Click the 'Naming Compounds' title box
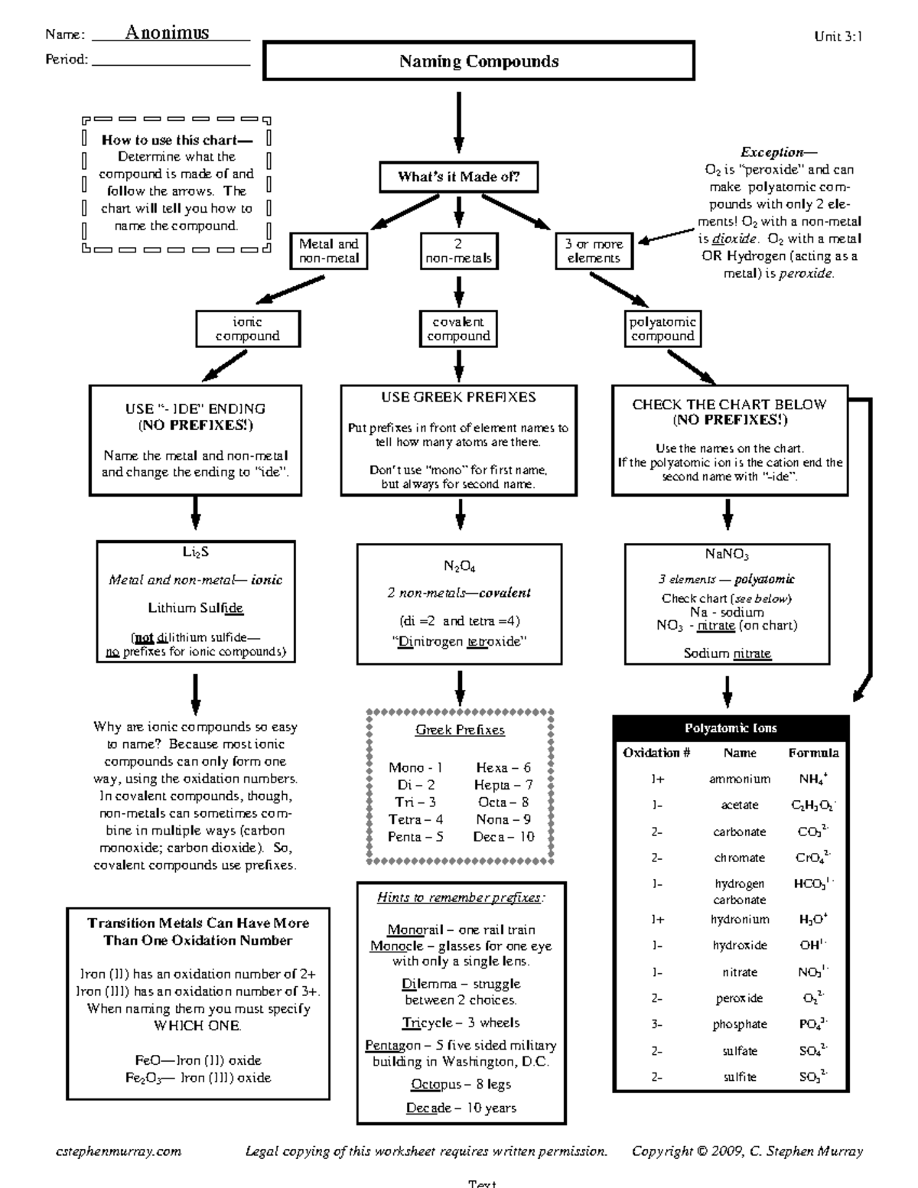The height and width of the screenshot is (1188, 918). pyautogui.click(x=479, y=61)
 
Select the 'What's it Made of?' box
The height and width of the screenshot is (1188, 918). pyautogui.click(x=458, y=177)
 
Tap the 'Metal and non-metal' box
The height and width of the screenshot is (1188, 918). pyautogui.click(x=328, y=251)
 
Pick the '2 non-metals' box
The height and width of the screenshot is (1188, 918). pyautogui.click(x=458, y=251)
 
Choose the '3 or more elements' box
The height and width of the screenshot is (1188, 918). pyautogui.click(x=594, y=251)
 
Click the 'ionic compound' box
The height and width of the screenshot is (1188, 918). pyautogui.click(x=247, y=329)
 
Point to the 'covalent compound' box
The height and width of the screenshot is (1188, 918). pyautogui.click(x=458, y=329)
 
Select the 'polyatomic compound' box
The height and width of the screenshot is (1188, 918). pyautogui.click(x=662, y=329)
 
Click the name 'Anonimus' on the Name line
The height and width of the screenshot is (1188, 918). pyautogui.click(x=167, y=32)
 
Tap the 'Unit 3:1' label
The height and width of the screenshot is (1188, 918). pyautogui.click(x=838, y=36)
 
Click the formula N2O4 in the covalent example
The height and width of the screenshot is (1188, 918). pyautogui.click(x=459, y=567)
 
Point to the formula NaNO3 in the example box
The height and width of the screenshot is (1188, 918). pyautogui.click(x=727, y=555)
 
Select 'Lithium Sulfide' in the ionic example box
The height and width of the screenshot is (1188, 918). pyautogui.click(x=195, y=608)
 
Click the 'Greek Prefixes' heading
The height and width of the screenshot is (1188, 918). pyautogui.click(x=460, y=730)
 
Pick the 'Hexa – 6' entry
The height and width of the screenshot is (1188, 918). pyautogui.click(x=503, y=767)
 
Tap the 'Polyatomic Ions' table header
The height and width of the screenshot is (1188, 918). pyautogui.click(x=731, y=728)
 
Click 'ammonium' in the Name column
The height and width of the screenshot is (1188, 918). pyautogui.click(x=739, y=779)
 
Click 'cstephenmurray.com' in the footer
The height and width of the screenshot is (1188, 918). pyautogui.click(x=119, y=1151)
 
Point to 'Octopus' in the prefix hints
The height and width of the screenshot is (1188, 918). pyautogui.click(x=436, y=1084)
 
